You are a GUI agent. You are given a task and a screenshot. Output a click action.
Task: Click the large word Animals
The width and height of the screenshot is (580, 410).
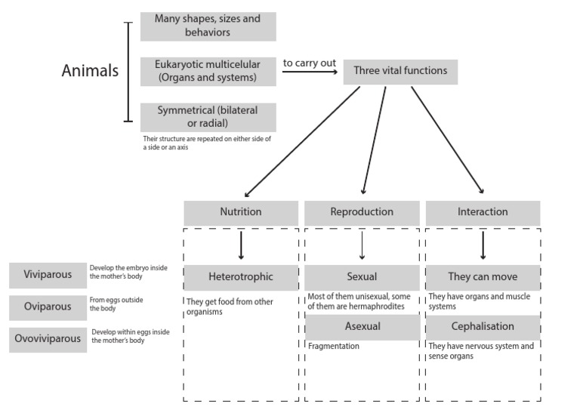pos(90,72)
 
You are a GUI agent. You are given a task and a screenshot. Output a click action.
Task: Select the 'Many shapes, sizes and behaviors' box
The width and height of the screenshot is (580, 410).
pos(208,26)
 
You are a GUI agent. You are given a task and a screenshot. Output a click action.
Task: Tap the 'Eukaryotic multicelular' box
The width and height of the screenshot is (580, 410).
pos(208,71)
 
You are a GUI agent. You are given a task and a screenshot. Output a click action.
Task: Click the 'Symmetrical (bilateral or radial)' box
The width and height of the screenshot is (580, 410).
pos(208,117)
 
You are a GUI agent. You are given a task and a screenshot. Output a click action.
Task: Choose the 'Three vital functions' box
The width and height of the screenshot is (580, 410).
pos(400,71)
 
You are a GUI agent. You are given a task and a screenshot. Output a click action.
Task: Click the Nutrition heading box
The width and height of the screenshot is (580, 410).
pos(241,213)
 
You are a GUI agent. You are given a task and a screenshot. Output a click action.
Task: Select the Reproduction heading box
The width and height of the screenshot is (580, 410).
pos(362,213)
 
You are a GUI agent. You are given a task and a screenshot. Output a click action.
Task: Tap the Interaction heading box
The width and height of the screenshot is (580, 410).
pos(483,213)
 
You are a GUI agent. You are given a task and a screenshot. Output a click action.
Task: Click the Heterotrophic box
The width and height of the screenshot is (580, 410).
pos(241,277)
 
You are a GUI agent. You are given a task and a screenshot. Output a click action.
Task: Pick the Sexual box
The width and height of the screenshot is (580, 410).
pos(362,277)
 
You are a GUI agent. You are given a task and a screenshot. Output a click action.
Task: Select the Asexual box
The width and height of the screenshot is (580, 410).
pos(362,327)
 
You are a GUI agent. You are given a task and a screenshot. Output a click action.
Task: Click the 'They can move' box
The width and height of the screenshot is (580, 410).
pos(483,277)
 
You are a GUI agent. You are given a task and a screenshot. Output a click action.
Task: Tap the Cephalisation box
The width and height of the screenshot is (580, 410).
pos(483,327)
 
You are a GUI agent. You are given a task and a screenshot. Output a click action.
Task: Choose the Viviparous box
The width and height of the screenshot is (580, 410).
pos(48,275)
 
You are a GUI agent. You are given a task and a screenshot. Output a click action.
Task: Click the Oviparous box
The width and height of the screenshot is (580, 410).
pos(48,307)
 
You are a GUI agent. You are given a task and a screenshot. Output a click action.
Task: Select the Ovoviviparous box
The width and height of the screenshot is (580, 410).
pos(48,339)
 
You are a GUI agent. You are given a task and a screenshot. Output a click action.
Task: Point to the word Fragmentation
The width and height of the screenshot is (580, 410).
pos(334,347)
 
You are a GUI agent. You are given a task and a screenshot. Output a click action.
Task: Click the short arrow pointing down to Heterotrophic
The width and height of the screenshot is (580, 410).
pos(241,245)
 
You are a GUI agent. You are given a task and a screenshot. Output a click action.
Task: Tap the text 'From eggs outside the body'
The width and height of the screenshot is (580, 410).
pos(116,304)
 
